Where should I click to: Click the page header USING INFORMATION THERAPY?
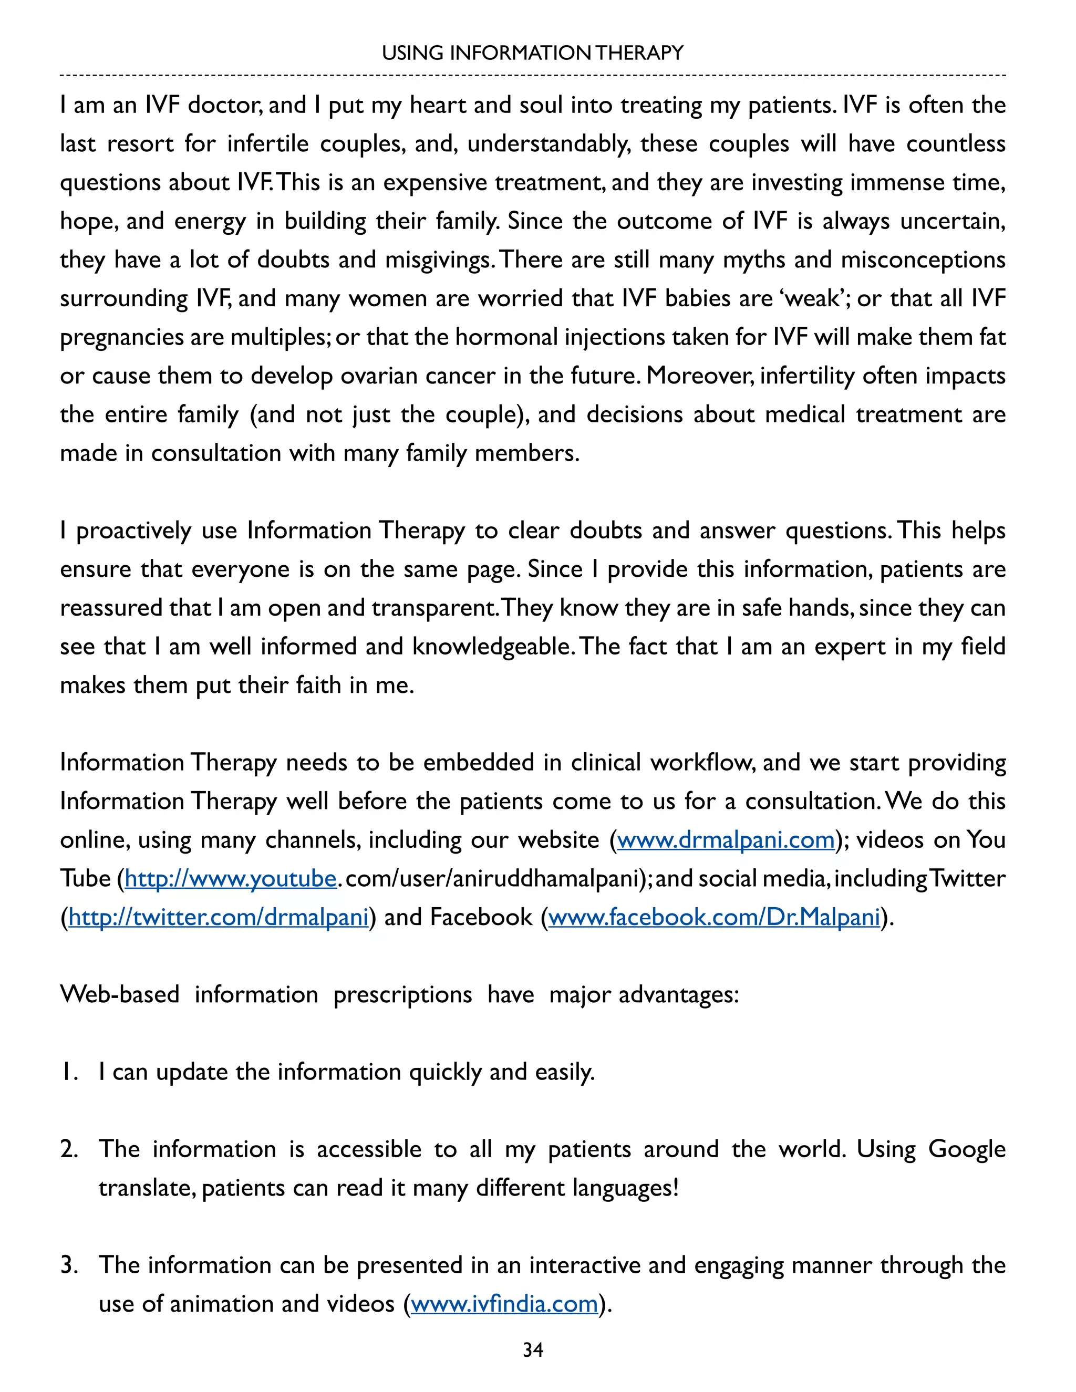click(x=532, y=53)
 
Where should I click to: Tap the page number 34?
click(x=533, y=1350)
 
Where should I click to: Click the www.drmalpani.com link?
click(x=726, y=840)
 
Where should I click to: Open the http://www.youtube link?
click(x=230, y=879)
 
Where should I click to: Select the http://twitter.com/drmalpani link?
click(x=219, y=917)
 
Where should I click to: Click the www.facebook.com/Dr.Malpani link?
click(x=714, y=917)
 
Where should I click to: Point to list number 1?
click(x=69, y=1072)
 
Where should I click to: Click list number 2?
click(x=69, y=1149)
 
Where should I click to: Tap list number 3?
click(x=69, y=1265)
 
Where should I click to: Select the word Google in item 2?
click(x=966, y=1149)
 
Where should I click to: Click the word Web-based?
click(x=120, y=994)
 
